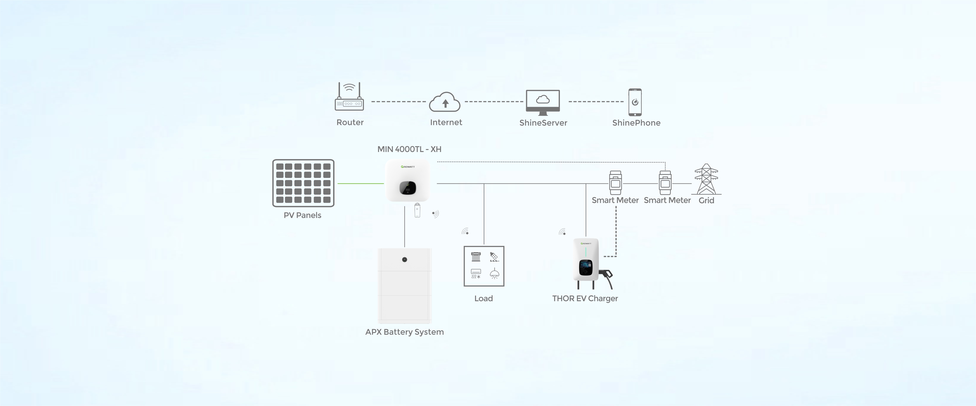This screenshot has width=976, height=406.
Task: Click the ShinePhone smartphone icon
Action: click(635, 102)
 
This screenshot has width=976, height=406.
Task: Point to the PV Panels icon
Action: click(303, 183)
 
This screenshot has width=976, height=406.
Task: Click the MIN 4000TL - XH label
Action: click(409, 149)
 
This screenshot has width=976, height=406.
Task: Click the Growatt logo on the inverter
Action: click(408, 167)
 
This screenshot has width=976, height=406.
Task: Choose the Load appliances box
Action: click(484, 266)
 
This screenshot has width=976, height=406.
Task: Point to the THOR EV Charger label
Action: click(585, 298)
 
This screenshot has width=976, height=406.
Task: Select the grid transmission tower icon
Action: click(706, 179)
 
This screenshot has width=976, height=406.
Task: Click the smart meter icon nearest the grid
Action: click(665, 183)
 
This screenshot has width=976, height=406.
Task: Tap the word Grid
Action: click(706, 200)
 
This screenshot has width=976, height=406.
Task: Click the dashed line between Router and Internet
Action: click(399, 102)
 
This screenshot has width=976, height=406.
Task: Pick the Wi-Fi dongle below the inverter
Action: click(417, 211)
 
